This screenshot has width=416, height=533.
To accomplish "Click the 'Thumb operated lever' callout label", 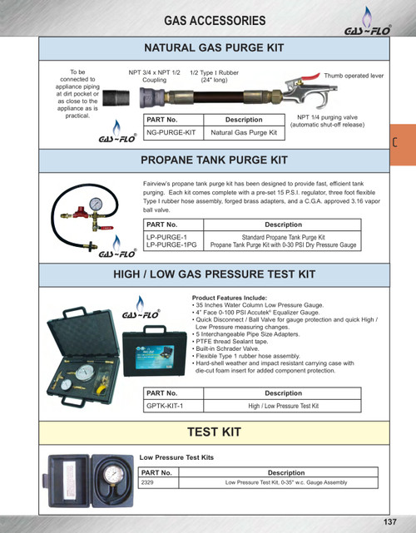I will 354,76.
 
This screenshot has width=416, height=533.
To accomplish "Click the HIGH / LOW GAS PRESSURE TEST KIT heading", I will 215,274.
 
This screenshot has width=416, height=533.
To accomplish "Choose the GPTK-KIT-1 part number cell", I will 164,405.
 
